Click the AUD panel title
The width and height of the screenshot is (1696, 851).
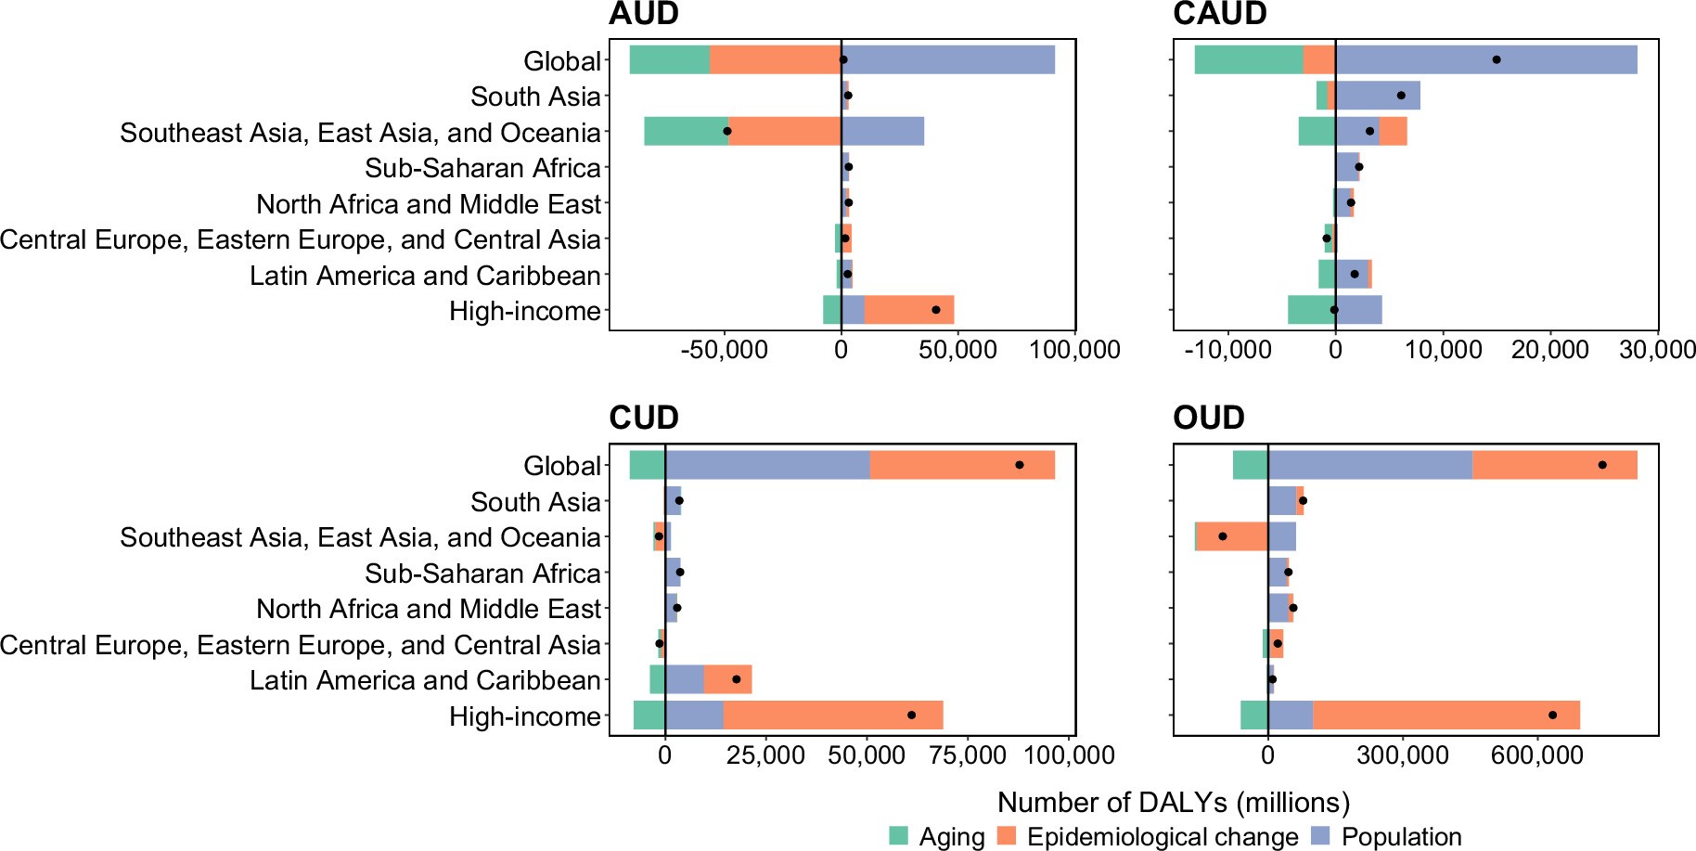pos(644,14)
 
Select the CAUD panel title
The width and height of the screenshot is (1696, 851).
pos(1219,14)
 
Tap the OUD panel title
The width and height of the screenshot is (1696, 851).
pos(1208,419)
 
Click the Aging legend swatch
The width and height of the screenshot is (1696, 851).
pos(898,836)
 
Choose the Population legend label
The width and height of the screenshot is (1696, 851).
pos(1401,837)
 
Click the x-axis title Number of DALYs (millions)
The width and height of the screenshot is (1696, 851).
pos(1174,802)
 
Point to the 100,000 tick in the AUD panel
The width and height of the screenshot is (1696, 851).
pos(1074,350)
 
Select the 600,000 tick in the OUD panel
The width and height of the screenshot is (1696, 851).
pos(1537,755)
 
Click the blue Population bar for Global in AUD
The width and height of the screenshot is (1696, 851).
pos(946,59)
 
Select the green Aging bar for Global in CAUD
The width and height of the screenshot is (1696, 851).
pos(1248,59)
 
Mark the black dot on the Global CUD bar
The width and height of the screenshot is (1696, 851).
pos(1019,465)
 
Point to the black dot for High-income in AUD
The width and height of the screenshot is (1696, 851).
pos(935,310)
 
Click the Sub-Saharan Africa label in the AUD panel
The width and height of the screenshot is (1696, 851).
pos(482,168)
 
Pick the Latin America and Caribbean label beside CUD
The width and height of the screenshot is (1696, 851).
pos(425,680)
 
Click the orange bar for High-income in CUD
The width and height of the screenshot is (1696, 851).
pos(832,716)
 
